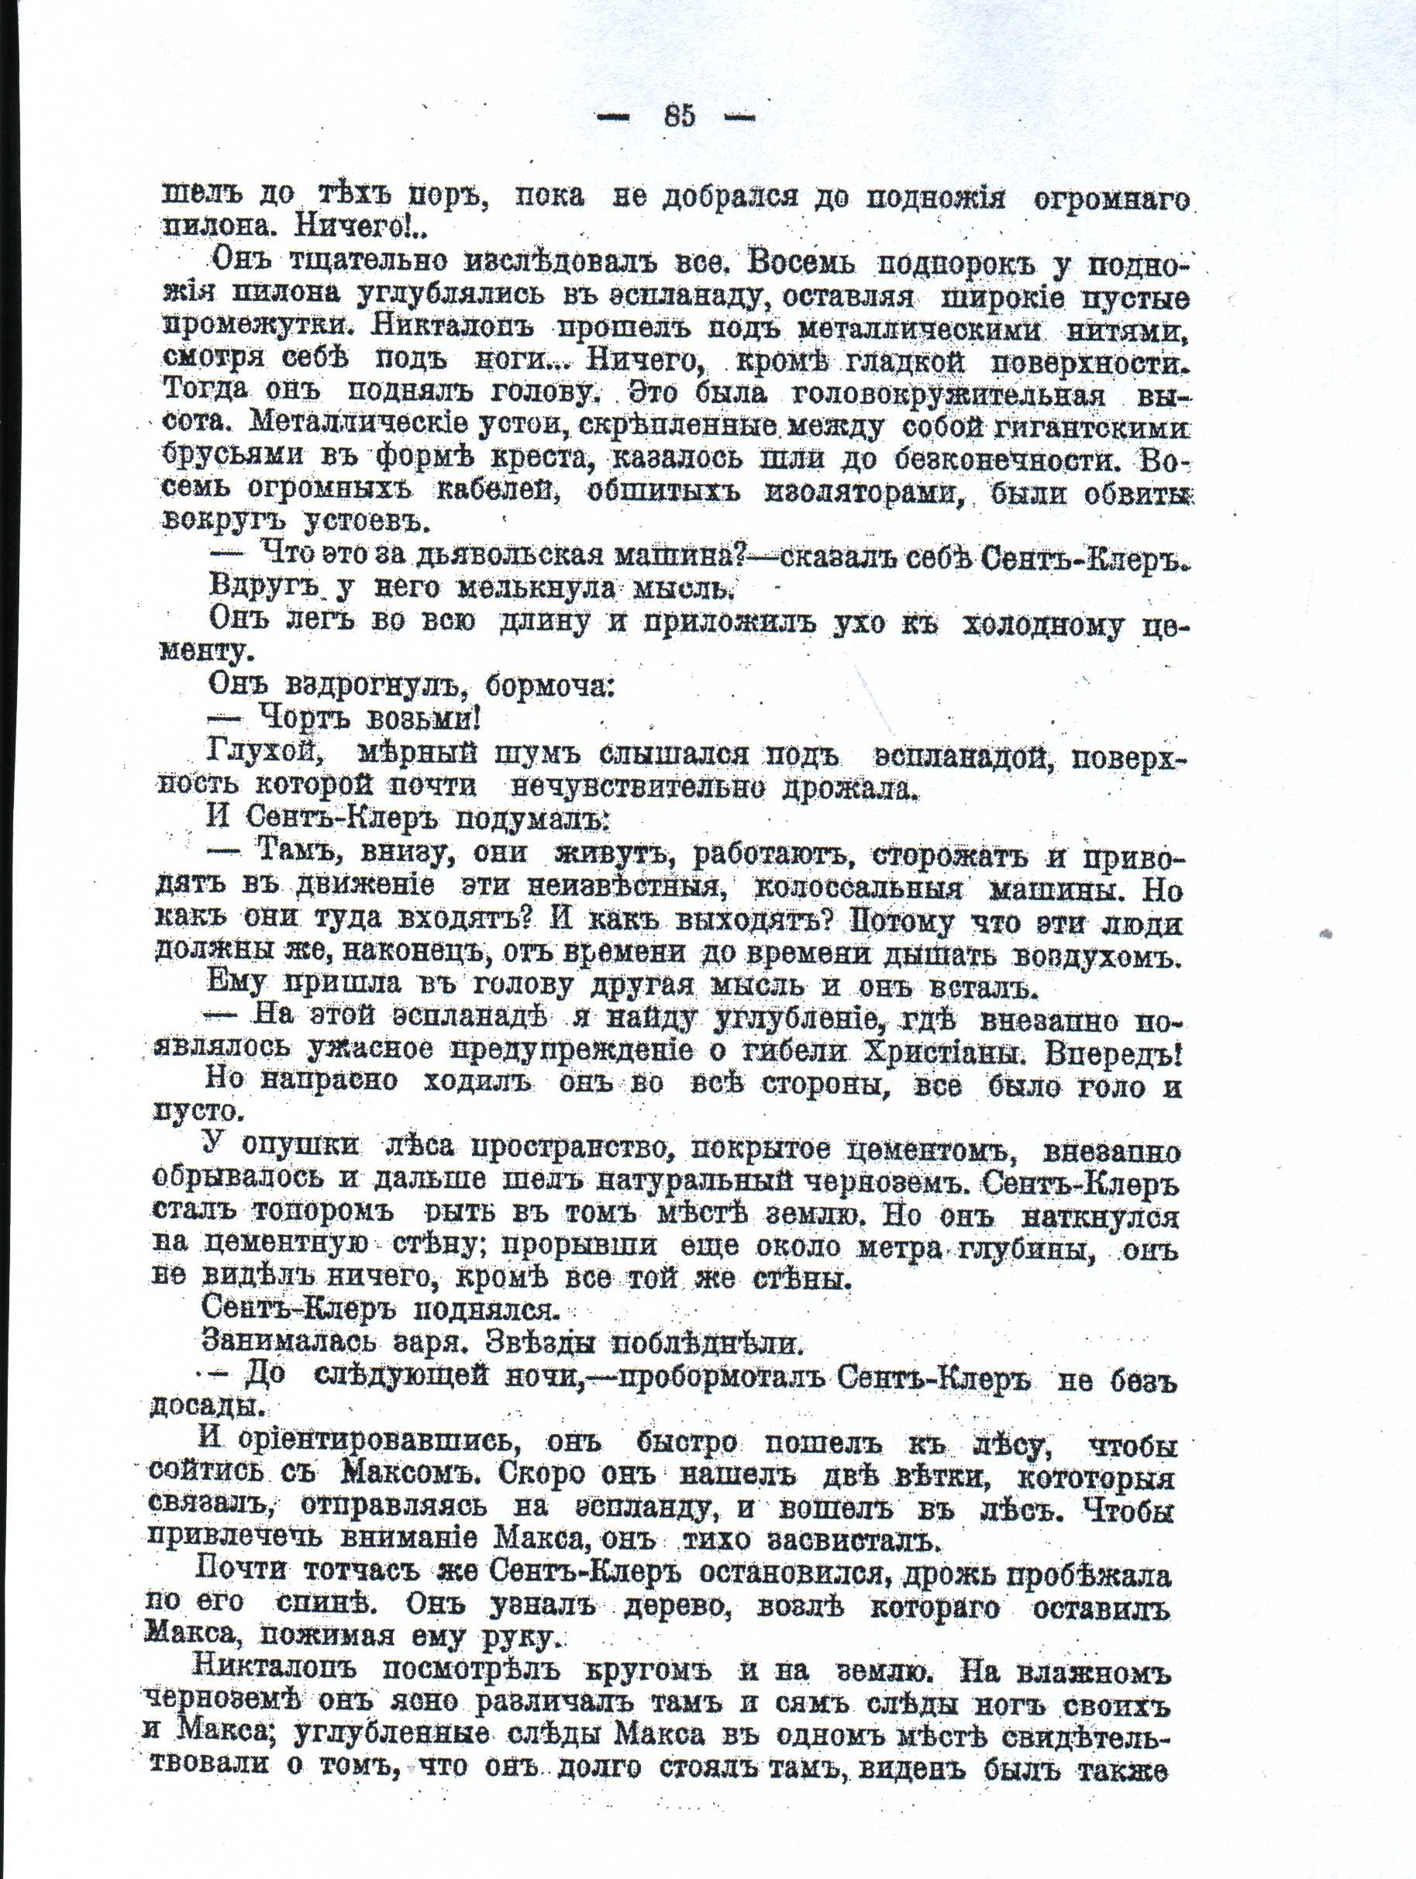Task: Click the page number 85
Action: click(680, 115)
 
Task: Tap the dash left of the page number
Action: click(613, 117)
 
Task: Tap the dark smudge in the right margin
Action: click(1326, 933)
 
